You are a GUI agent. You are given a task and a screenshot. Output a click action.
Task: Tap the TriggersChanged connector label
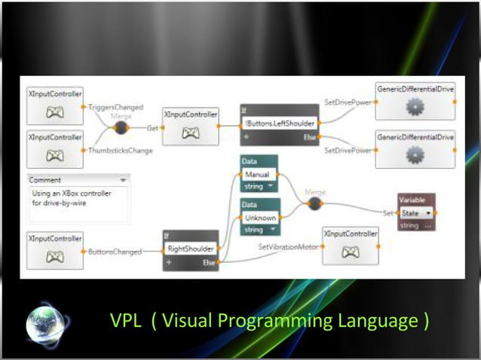(115, 108)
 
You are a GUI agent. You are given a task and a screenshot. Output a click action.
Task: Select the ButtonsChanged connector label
(114, 252)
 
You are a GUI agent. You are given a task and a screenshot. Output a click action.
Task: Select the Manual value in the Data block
(256, 174)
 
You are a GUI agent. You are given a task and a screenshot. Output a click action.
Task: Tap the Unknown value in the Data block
(258, 217)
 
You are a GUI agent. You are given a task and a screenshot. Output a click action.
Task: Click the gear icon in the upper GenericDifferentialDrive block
(414, 108)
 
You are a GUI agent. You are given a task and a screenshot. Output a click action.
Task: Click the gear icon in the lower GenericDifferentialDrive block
(414, 154)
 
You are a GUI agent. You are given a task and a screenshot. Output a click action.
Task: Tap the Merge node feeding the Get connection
(121, 128)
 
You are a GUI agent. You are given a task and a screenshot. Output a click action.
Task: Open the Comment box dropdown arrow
(122, 180)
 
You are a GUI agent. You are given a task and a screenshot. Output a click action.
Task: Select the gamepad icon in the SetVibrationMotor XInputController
(350, 252)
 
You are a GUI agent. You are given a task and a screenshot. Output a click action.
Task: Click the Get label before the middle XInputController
(152, 128)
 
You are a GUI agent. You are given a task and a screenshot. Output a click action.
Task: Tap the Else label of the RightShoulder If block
(209, 263)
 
